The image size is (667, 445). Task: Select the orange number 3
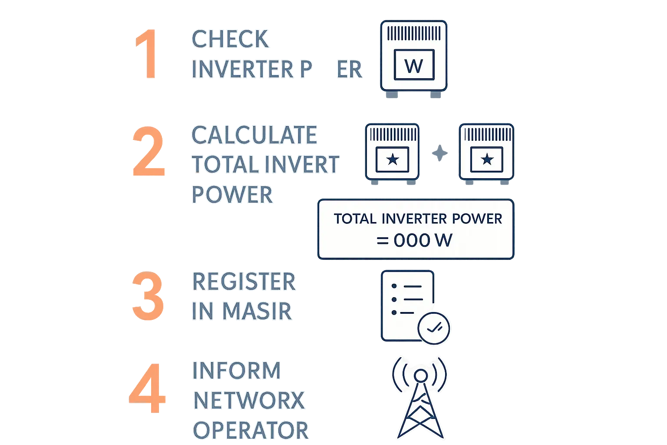click(148, 296)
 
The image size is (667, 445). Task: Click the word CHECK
click(230, 39)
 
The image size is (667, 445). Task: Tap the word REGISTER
click(244, 282)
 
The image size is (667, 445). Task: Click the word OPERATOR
click(250, 430)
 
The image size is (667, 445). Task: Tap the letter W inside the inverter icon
click(413, 66)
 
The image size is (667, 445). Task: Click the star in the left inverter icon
click(393, 159)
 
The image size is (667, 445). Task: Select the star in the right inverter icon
click(487, 159)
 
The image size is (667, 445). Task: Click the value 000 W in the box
click(423, 240)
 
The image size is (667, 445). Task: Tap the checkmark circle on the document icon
click(434, 328)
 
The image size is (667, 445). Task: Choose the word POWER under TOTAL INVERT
click(232, 194)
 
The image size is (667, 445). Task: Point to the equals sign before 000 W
click(382, 240)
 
